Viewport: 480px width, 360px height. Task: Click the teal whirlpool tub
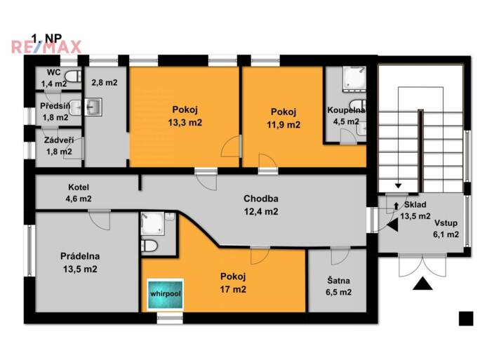[x=166, y=294]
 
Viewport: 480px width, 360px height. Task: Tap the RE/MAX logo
[x=46, y=47]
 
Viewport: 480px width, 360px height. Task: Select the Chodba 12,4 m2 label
[x=261, y=205]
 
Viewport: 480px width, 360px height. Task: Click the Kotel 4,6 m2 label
[x=79, y=193]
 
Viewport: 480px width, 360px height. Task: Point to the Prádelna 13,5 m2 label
[x=80, y=262]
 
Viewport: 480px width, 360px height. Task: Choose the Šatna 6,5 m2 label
[x=338, y=286]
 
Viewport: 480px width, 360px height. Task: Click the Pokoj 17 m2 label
[x=233, y=283]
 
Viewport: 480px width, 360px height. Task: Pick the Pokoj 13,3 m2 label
[x=185, y=116]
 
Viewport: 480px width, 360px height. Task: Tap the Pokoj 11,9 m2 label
[x=284, y=118]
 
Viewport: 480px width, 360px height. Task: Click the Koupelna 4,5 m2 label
[x=346, y=115]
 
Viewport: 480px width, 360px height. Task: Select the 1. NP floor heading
[x=47, y=38]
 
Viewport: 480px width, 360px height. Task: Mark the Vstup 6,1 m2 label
[x=446, y=229]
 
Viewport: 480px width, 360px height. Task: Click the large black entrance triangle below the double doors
[x=422, y=284]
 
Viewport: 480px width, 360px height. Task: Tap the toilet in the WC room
[x=73, y=76]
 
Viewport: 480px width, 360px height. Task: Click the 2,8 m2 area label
[x=105, y=83]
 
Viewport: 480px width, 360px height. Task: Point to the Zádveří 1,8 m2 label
[x=59, y=146]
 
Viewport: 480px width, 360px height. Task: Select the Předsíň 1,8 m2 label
[x=55, y=112]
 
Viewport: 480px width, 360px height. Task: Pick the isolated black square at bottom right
[x=466, y=319]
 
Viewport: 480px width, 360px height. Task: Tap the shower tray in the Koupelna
[x=354, y=79]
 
